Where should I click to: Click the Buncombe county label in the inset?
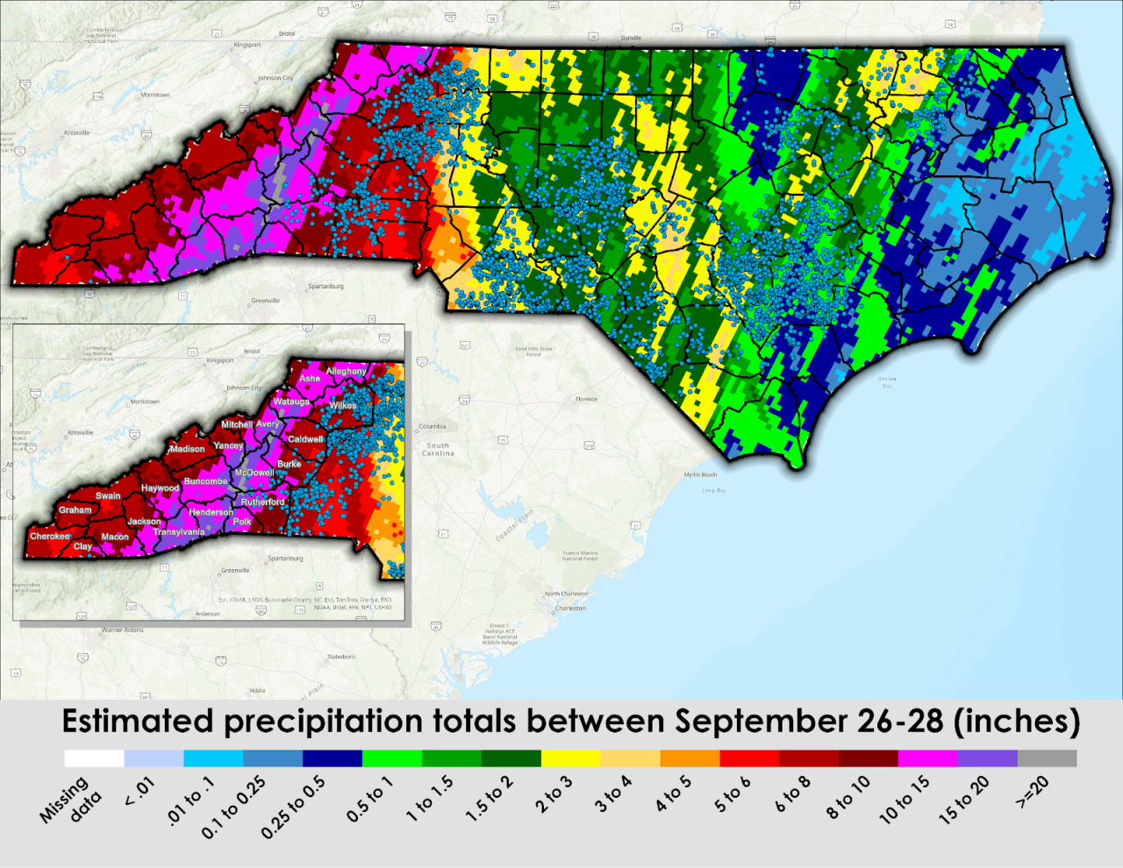pos(205,481)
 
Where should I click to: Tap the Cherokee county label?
pos(50,536)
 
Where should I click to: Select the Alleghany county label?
pos(347,371)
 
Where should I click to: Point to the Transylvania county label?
pos(179,532)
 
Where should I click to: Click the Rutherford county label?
pos(263,502)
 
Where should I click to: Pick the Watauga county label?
pos(291,402)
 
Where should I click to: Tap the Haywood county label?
pos(160,488)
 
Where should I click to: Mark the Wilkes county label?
pos(343,406)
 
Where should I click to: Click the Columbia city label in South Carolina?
pos(433,426)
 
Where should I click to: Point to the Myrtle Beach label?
pos(700,474)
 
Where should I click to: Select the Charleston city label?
pos(570,608)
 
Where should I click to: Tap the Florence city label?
pos(586,399)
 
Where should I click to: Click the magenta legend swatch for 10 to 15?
pos(927,758)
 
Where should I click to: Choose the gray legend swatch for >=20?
pos(1047,758)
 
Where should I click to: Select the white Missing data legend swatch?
pos(94,758)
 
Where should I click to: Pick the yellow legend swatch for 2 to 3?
pos(571,758)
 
